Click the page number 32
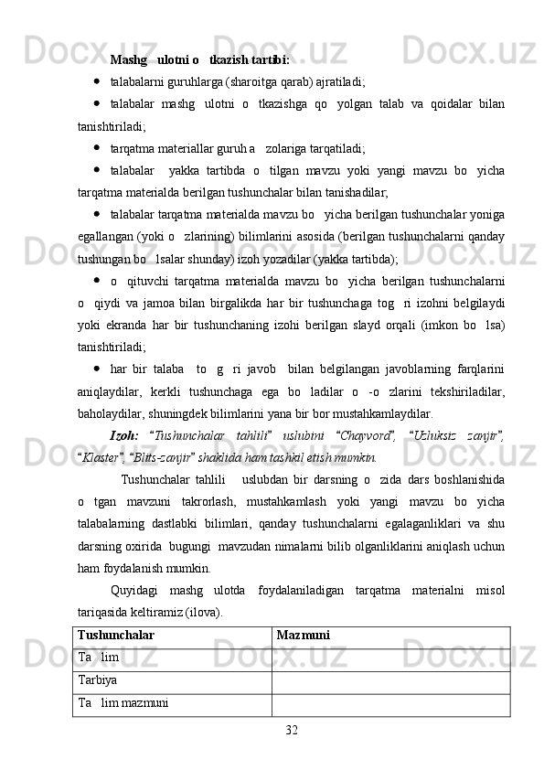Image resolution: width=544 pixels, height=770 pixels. pos(291,729)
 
